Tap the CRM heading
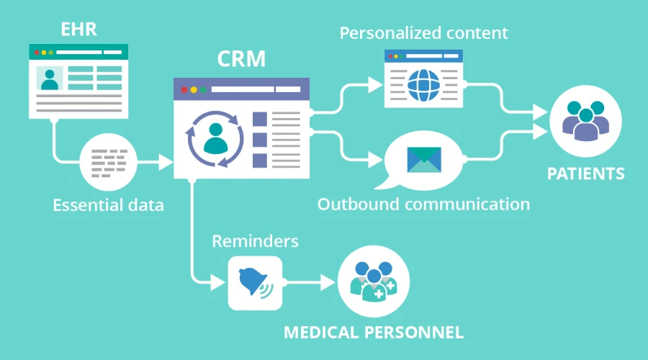coord(240,60)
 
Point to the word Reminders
coord(255,240)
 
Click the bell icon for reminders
coord(253,282)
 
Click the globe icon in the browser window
coord(423,85)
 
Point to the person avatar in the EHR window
coord(49,79)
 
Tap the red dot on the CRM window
coord(184,90)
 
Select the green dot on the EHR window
coord(51,53)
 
